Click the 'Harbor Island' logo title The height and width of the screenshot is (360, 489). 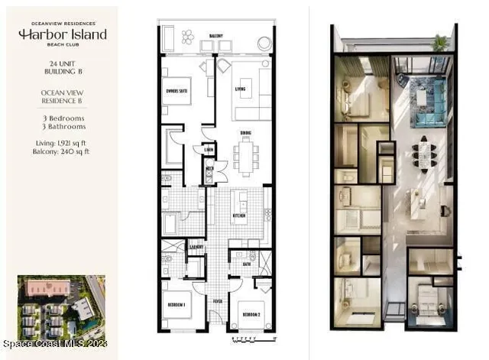click(x=63, y=35)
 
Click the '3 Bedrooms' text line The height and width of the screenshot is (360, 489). click(x=63, y=118)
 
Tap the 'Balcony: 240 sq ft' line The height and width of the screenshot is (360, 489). click(x=63, y=151)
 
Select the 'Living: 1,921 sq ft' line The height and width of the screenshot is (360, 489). click(x=63, y=143)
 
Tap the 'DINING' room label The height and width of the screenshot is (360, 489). click(x=245, y=133)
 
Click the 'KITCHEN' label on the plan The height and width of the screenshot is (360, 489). click(x=239, y=217)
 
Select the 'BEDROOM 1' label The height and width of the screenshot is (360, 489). click(x=176, y=306)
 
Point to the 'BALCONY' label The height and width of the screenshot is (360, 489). click(x=216, y=35)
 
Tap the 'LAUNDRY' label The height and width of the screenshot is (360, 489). click(x=196, y=247)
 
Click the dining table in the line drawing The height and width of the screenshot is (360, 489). click(x=245, y=155)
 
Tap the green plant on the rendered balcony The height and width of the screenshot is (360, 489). click(x=440, y=43)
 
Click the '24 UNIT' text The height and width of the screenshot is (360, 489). click(x=63, y=63)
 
